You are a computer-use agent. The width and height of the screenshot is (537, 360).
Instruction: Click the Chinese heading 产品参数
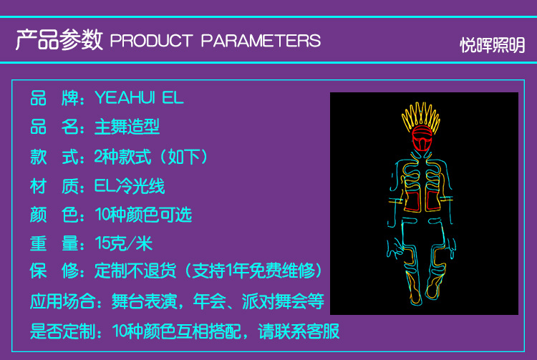click(60, 39)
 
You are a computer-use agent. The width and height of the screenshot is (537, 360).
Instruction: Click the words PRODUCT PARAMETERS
click(216, 40)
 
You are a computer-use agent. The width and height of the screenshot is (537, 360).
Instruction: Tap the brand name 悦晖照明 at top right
click(492, 45)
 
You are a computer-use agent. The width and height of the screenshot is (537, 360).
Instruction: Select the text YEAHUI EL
click(139, 97)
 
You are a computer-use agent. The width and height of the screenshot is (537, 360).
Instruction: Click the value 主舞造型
click(127, 127)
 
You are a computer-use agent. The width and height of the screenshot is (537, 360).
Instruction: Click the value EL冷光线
click(130, 186)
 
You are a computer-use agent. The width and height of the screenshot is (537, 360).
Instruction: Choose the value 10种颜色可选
click(143, 215)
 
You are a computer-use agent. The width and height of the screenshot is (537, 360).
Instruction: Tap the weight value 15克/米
click(123, 243)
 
